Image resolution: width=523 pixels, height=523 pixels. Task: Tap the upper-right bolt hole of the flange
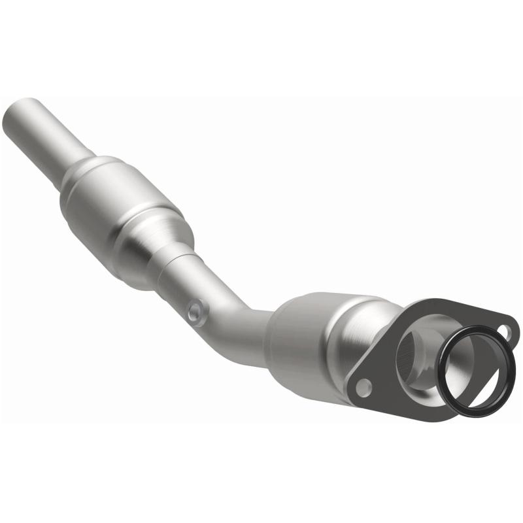point(504,331)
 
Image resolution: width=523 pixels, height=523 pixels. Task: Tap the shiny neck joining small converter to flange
point(356,333)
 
